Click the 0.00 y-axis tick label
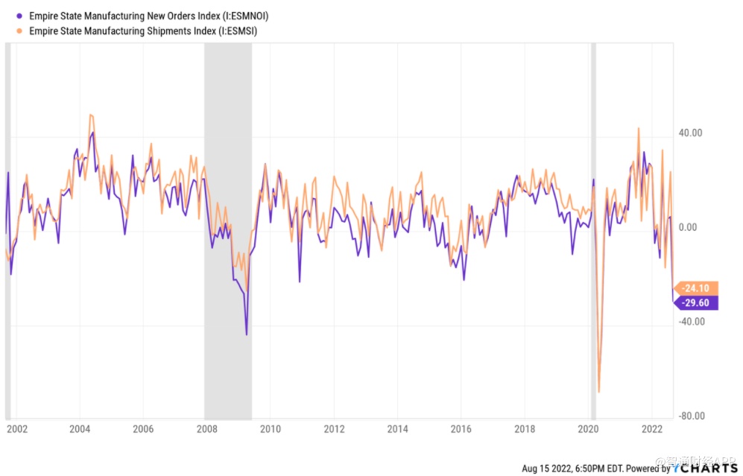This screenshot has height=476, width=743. click(691, 227)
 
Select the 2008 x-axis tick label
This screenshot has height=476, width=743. click(206, 429)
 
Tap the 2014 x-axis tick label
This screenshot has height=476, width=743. click(397, 429)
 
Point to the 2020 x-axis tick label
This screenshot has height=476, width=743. click(588, 429)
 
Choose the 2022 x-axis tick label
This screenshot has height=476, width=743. click(651, 429)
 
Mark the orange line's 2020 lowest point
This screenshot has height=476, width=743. click(599, 392)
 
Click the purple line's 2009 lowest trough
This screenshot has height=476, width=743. click(246, 334)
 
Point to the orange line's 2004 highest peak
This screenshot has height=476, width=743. click(90, 115)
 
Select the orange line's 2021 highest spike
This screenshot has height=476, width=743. click(639, 128)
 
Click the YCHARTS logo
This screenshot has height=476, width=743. click(705, 468)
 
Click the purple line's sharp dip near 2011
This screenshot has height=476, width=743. click(300, 282)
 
